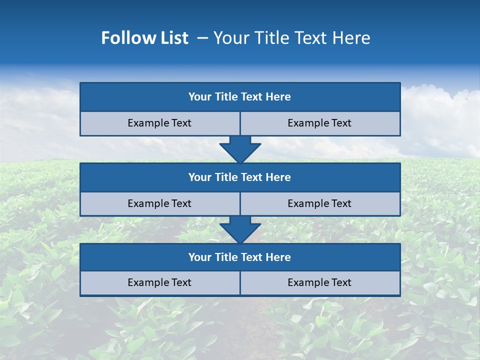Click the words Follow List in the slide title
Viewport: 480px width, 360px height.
click(x=145, y=38)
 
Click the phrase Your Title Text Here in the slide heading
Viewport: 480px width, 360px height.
click(x=292, y=38)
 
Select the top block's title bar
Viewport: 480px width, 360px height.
click(x=240, y=97)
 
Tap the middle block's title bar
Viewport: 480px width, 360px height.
click(x=240, y=177)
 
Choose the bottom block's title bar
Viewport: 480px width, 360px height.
click(x=240, y=257)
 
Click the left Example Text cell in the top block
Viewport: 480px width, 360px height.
click(x=159, y=123)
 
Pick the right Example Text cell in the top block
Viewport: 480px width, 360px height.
click(x=319, y=123)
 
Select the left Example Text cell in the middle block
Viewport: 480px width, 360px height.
click(x=159, y=203)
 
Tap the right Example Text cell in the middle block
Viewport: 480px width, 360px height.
click(x=319, y=203)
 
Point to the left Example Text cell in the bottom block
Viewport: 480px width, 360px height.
click(x=159, y=282)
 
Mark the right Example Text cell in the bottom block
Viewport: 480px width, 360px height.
click(x=319, y=282)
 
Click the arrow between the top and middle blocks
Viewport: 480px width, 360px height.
click(x=240, y=149)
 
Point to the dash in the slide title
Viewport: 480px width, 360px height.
click(x=202, y=38)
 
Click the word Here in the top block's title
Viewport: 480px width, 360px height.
click(x=278, y=97)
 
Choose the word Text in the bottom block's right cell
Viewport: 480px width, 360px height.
click(x=341, y=282)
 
